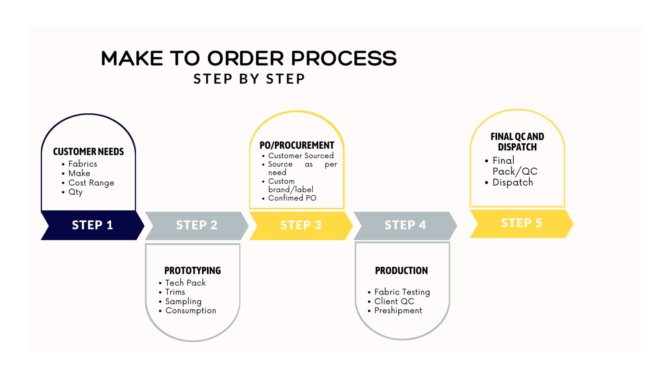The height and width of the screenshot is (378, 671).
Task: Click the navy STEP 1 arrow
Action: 93,225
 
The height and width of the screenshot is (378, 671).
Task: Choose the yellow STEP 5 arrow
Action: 522,224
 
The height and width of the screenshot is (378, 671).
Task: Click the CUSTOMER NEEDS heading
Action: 88,152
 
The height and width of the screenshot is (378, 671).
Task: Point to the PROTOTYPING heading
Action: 192,270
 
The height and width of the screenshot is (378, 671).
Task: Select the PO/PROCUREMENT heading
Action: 297,145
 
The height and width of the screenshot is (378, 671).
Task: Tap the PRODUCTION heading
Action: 401,270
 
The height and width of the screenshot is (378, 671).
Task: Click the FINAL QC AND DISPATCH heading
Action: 518,142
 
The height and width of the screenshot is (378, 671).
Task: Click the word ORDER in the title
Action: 245,58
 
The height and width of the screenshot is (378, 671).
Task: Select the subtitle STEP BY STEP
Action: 249,79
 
